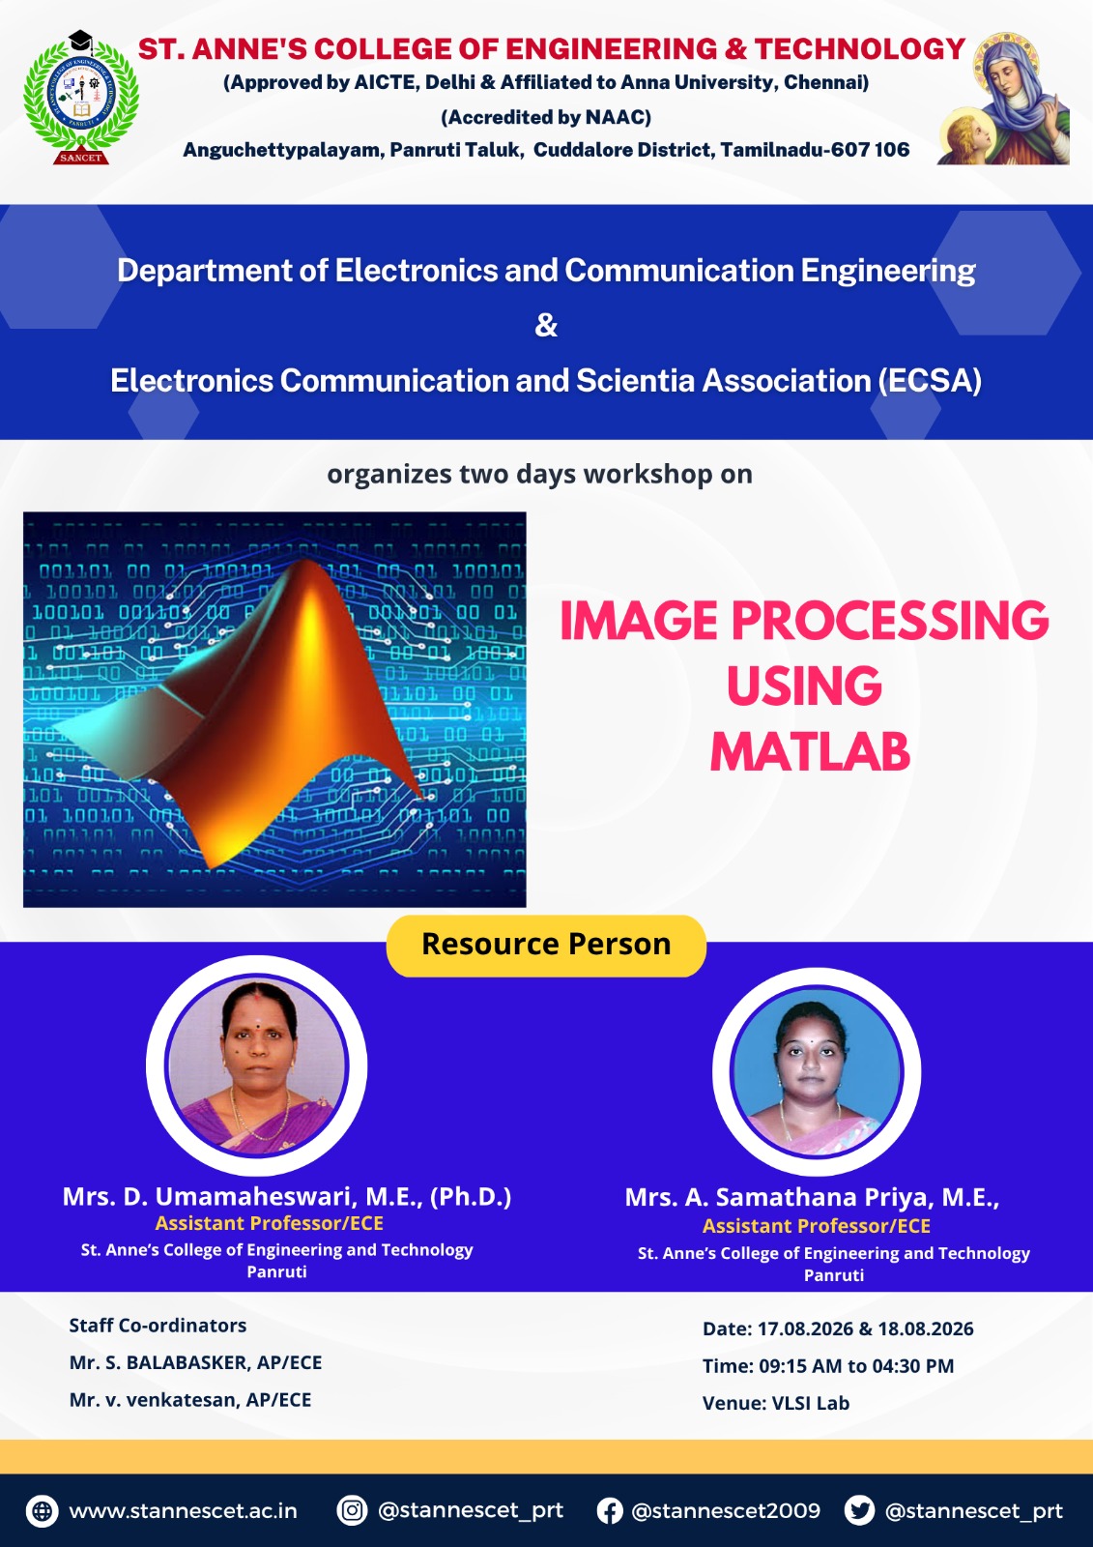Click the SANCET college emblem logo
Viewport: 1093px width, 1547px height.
[81, 98]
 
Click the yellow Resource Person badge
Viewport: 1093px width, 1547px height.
[546, 945]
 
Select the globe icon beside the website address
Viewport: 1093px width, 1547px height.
[43, 1511]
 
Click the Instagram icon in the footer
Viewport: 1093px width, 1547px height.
[352, 1510]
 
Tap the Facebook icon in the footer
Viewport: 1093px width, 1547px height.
[610, 1511]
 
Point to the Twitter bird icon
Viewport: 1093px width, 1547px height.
[859, 1510]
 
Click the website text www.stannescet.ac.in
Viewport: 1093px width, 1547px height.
[183, 1511]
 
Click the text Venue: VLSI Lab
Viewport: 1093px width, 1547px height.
[775, 1403]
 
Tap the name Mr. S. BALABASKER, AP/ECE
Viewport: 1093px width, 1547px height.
[195, 1362]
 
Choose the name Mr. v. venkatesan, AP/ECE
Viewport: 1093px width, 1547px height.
[189, 1399]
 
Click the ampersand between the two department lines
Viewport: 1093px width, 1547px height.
[546, 325]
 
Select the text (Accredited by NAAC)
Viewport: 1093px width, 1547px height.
[546, 117]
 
